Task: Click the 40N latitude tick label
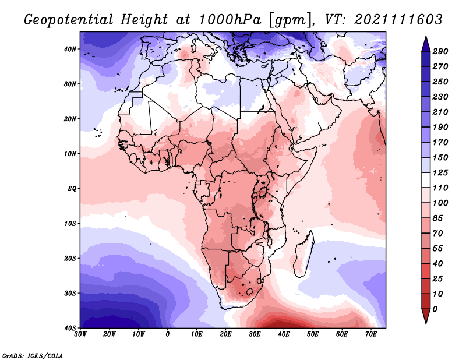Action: tap(70, 49)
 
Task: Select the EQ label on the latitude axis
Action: tap(72, 189)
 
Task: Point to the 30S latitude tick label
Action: tap(70, 294)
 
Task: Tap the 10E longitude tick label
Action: tap(196, 334)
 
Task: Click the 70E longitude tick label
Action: tap(371, 334)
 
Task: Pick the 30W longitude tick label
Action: tap(80, 334)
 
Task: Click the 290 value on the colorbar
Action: tap(440, 51)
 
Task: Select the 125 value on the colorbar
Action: tap(440, 172)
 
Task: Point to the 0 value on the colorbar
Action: tap(435, 309)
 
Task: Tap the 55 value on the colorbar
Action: tap(438, 249)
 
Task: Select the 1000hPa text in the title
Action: tap(230, 20)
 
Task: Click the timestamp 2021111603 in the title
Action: tap(398, 20)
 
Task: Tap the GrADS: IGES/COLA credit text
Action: tap(33, 356)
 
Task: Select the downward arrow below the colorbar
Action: tap(426, 316)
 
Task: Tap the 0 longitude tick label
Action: tap(168, 334)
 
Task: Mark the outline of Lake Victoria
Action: tap(263, 189)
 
